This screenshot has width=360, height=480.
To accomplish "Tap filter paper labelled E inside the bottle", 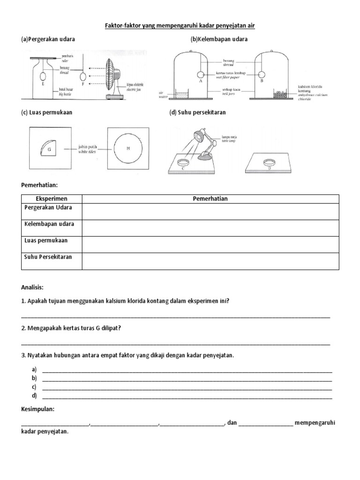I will [x=43, y=76].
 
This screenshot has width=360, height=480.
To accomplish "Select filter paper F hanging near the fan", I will [x=83, y=76].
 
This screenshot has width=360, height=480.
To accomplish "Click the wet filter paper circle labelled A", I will [x=201, y=74].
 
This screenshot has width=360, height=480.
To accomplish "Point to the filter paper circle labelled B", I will [x=262, y=74].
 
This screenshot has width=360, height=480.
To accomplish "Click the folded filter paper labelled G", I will [x=48, y=149].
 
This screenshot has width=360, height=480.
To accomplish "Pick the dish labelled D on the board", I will [x=269, y=162].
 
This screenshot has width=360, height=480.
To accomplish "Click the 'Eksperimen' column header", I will [x=52, y=199].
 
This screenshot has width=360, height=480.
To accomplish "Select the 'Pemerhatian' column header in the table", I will [x=210, y=199].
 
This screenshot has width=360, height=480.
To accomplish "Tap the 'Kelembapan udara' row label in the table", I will [x=49, y=224].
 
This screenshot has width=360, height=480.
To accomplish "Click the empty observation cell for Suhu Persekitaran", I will [x=210, y=261].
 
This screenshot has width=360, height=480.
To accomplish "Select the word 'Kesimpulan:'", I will [x=38, y=409].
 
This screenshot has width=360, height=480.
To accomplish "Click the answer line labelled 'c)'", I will [x=187, y=388].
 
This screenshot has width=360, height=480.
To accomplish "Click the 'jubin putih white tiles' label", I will [x=87, y=149].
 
